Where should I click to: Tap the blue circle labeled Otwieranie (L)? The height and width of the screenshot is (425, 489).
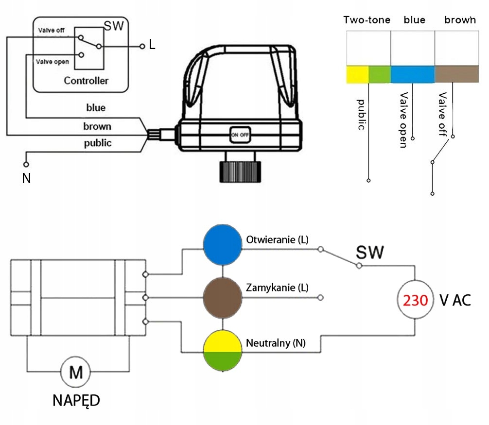[222, 244]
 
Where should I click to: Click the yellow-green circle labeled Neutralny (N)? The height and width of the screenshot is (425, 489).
[222, 351]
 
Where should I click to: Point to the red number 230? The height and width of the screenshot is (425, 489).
[416, 300]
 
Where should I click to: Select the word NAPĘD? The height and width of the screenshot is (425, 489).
[76, 401]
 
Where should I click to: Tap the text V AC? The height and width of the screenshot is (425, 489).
[455, 300]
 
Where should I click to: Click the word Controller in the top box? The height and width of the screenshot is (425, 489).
[86, 81]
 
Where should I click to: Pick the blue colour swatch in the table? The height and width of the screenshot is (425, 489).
[412, 74]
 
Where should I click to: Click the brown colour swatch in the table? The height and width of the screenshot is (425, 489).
[455, 74]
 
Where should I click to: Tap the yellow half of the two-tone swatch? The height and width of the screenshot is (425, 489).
[357, 74]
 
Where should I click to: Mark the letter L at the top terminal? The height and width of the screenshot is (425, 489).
[152, 45]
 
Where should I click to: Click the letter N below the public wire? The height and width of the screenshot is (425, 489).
[26, 179]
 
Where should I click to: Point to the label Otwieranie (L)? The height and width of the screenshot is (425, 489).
[277, 240]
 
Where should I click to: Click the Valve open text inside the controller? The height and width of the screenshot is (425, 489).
[52, 62]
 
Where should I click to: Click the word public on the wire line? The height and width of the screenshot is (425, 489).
[98, 143]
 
